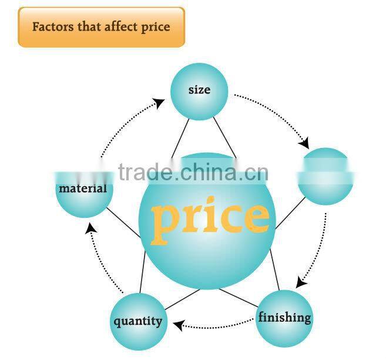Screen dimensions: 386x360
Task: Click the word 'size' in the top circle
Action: point(199,90)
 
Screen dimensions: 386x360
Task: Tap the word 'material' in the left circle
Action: point(83,189)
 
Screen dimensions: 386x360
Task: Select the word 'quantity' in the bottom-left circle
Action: point(137,321)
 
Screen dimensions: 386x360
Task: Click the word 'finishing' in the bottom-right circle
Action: point(284,318)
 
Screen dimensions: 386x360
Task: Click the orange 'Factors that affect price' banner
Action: point(101,27)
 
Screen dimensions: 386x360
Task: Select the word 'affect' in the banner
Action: point(122,27)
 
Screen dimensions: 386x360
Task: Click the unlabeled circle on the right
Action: point(325,176)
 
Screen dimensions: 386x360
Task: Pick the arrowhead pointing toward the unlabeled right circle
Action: point(304,143)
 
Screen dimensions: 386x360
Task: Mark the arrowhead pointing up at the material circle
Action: point(89,228)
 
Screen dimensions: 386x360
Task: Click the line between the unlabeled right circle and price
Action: point(290,213)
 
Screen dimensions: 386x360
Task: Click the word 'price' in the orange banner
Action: point(156,27)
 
